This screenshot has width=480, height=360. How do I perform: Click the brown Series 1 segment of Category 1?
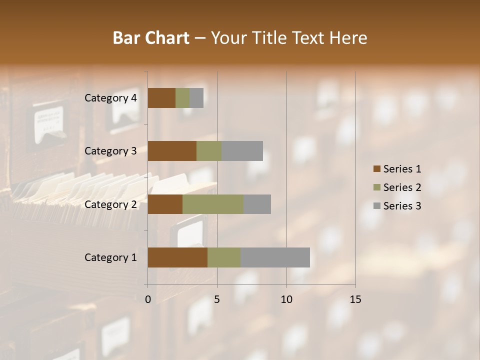pyautogui.click(x=177, y=257)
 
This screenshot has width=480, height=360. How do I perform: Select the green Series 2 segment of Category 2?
pyautogui.click(x=213, y=204)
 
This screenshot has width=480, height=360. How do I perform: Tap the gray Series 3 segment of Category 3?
pyautogui.click(x=242, y=151)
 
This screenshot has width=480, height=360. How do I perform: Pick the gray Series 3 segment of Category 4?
pyautogui.click(x=196, y=98)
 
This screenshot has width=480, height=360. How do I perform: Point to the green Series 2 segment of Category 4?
pyautogui.click(x=182, y=98)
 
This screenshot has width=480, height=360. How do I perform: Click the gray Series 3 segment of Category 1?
pyautogui.click(x=275, y=257)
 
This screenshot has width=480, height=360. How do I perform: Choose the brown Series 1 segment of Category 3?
pyautogui.click(x=172, y=151)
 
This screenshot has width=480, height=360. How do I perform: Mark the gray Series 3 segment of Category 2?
pyautogui.click(x=257, y=204)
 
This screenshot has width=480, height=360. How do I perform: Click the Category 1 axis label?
pyautogui.click(x=110, y=257)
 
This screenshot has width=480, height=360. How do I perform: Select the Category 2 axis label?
pyautogui.click(x=110, y=204)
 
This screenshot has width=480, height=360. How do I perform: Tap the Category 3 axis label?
pyautogui.click(x=110, y=151)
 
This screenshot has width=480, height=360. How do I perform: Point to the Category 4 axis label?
pyautogui.click(x=110, y=98)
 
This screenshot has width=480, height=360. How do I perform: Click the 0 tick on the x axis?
pyautogui.click(x=148, y=299)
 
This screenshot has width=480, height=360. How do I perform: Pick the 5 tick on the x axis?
pyautogui.click(x=217, y=299)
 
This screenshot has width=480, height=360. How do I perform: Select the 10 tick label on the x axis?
pyautogui.click(x=286, y=299)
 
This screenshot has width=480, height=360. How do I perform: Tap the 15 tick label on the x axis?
pyautogui.click(x=355, y=299)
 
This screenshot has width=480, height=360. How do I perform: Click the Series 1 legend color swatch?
pyautogui.click(x=376, y=169)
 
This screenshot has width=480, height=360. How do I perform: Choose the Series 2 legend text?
pyautogui.click(x=402, y=187)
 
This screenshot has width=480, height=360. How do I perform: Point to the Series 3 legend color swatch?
pyautogui.click(x=376, y=206)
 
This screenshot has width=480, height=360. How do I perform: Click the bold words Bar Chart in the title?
pyautogui.click(x=150, y=38)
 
